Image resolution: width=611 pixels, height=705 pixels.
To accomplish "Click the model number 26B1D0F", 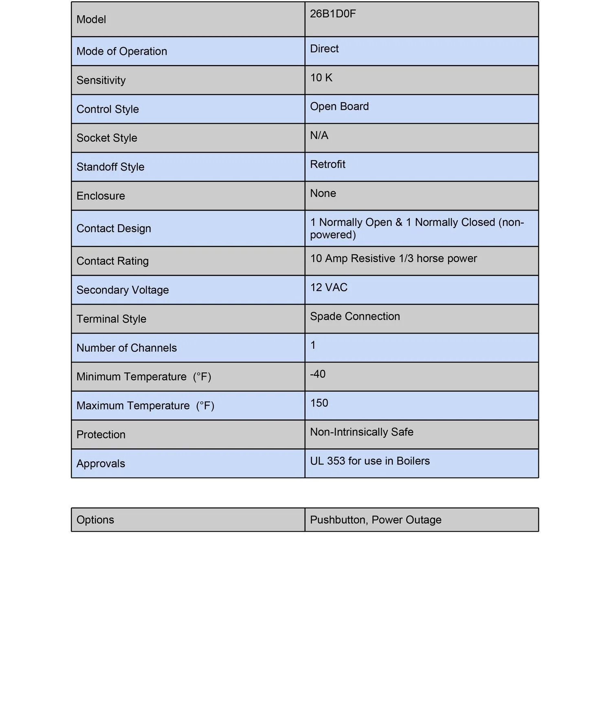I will coord(333,14).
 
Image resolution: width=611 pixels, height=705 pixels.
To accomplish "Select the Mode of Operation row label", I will coord(122,51).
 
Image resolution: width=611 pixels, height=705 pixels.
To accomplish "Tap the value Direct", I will coord(324,49).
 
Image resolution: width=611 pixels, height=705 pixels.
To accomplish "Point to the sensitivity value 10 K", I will coord(321,78).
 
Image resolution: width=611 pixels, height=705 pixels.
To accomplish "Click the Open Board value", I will coord(339,107).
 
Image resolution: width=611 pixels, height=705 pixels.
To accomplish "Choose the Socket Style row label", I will coord(107,138).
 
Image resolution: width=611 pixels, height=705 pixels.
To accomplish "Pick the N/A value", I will coord(319,136).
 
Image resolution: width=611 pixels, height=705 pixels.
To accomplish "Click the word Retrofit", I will coord(327,164).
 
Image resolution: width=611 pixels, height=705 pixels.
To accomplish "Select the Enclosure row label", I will coord(101,196).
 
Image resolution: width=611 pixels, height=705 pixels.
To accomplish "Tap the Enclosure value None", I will coord(323,193).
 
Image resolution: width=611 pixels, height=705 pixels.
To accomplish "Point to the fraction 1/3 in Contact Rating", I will coord(406,258).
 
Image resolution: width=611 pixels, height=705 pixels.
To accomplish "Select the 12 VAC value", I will coord(329,287).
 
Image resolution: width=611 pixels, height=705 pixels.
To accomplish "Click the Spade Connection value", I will coord(355,316).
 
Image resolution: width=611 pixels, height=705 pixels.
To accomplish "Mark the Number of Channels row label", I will coord(127,348).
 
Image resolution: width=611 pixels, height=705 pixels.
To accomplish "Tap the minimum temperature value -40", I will coord(318,374).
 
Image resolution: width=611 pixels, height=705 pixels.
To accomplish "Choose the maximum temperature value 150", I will coord(319,403).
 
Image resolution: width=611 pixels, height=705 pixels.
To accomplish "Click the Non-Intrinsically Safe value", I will coord(362,432).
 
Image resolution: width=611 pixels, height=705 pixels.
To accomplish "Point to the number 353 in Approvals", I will coord(336,461).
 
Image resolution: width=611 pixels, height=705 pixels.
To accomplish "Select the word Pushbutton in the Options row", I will coord(337,520).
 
